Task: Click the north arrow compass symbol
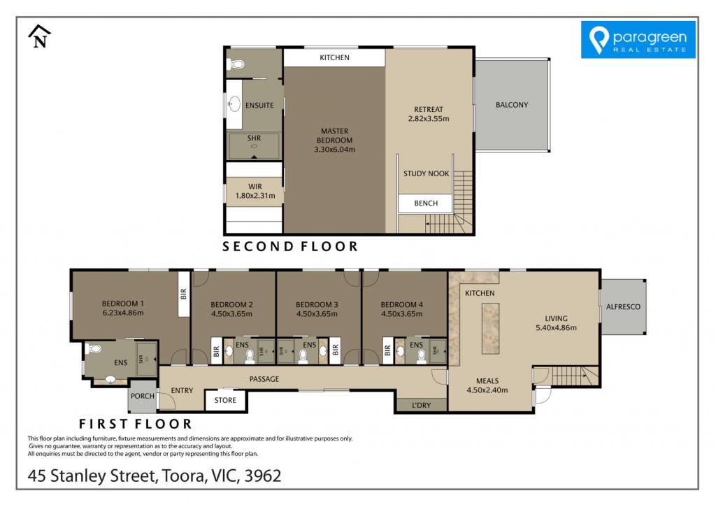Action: [x=40, y=36]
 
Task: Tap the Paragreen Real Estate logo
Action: [x=638, y=40]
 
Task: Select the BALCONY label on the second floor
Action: [x=511, y=105]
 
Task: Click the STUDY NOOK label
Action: [x=426, y=173]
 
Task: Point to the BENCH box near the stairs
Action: [x=426, y=203]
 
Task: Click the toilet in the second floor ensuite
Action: [x=236, y=64]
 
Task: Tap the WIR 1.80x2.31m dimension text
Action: [x=255, y=196]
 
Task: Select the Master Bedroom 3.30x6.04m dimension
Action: [x=334, y=150]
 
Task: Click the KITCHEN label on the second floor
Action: [x=334, y=57]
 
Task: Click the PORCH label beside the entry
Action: [x=143, y=396]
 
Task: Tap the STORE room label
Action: [x=225, y=400]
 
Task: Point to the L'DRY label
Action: [x=421, y=405]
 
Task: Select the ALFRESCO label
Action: [x=623, y=307]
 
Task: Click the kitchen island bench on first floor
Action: [x=490, y=328]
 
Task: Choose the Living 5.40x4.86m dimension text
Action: [x=556, y=327]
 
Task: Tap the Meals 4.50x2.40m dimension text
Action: [x=487, y=390]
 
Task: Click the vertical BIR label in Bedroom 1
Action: [x=184, y=294]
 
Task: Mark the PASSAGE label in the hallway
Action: [x=264, y=379]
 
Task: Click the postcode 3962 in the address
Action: [x=263, y=476]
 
